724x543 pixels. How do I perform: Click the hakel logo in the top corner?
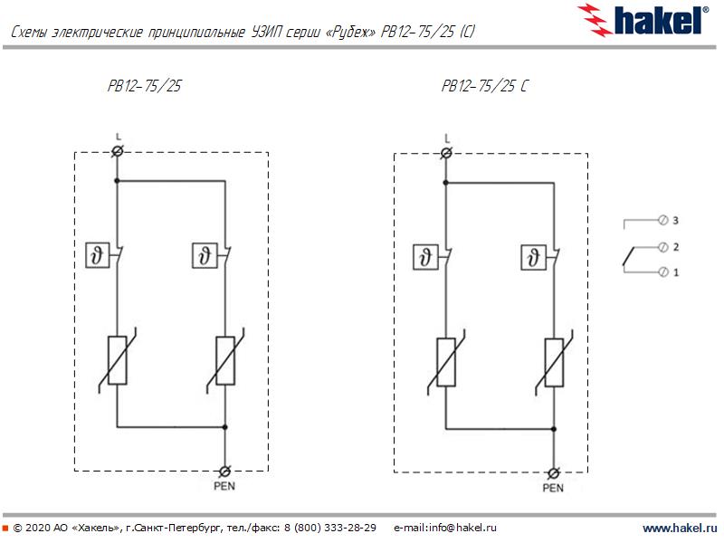tap(643, 18)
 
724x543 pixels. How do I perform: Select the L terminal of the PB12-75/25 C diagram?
tap(446, 152)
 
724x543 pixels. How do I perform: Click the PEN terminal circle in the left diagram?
tap(225, 471)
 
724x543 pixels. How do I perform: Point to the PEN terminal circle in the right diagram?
tap(553, 472)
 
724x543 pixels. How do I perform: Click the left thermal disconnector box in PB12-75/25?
tap(96, 256)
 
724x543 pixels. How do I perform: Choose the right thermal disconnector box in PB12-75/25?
tap(205, 256)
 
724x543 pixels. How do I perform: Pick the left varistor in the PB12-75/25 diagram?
tap(117, 359)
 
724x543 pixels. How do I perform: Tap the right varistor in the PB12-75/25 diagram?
tap(225, 359)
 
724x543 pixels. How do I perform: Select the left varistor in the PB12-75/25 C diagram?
tap(446, 361)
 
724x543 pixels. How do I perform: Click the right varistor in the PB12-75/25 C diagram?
tap(553, 361)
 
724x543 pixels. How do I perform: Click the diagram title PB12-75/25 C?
tap(484, 87)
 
